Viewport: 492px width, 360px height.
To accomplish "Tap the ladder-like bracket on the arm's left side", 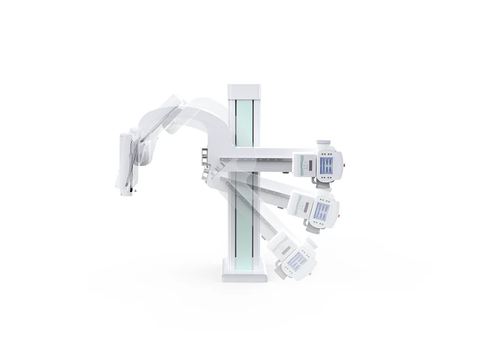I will [x=203, y=156].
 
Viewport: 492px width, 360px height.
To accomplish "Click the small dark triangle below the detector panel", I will [x=136, y=188].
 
